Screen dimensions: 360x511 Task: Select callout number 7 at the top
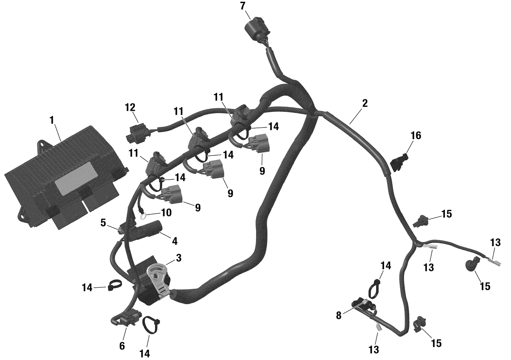pyautogui.click(x=243, y=5)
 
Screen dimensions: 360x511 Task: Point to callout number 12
pyautogui.click(x=130, y=108)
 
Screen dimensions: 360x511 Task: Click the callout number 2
pyautogui.click(x=365, y=103)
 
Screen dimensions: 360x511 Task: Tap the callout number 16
pyautogui.click(x=416, y=135)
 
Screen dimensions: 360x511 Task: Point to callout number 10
pyautogui.click(x=166, y=213)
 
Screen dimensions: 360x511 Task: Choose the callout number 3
pyautogui.click(x=179, y=258)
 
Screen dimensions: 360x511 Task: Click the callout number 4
pyautogui.click(x=174, y=241)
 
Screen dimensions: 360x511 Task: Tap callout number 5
pyautogui.click(x=103, y=223)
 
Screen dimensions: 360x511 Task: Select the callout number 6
pyautogui.click(x=122, y=346)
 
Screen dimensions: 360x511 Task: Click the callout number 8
pyautogui.click(x=338, y=315)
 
